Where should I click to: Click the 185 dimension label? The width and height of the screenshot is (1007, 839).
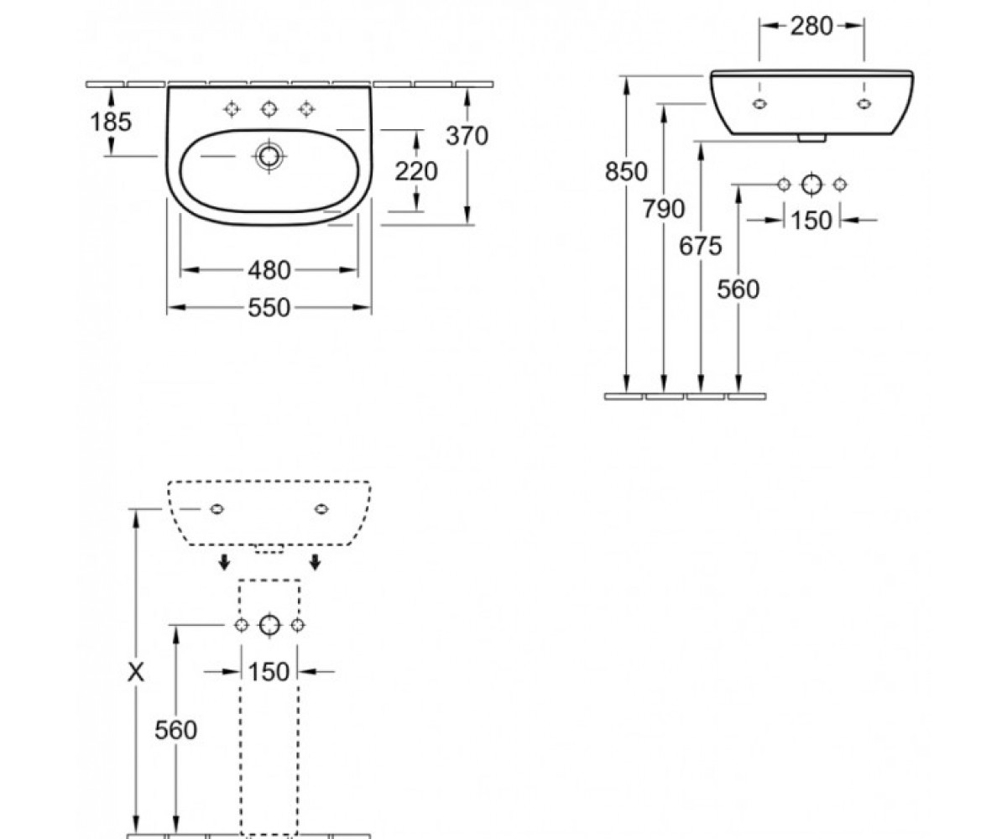pyautogui.click(x=111, y=122)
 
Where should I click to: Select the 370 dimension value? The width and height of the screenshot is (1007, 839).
pyautogui.click(x=467, y=136)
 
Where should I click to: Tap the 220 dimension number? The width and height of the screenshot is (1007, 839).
pyautogui.click(x=416, y=171)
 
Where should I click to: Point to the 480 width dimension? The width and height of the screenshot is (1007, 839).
pyautogui.click(x=269, y=270)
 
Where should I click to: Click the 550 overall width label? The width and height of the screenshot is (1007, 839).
pyautogui.click(x=269, y=308)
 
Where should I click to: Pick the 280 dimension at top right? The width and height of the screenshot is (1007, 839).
pyautogui.click(x=811, y=26)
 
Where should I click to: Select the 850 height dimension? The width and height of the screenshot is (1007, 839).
pyautogui.click(x=626, y=172)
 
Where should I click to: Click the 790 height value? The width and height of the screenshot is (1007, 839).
pyautogui.click(x=664, y=209)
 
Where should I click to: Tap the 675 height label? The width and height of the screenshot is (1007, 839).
pyautogui.click(x=701, y=246)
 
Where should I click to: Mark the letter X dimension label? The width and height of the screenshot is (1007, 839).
pyautogui.click(x=136, y=672)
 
